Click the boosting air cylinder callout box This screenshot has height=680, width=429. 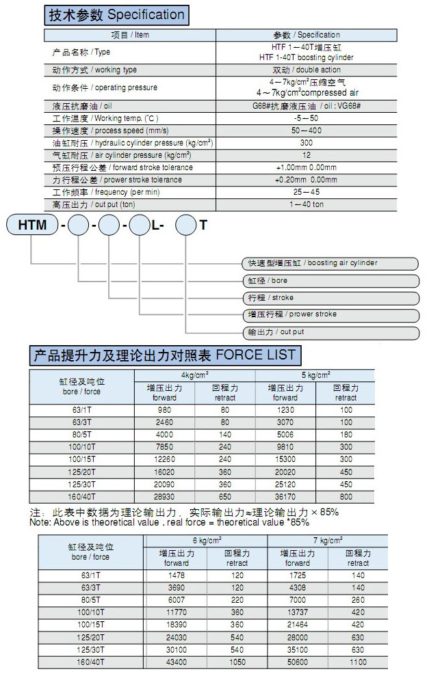(331, 263)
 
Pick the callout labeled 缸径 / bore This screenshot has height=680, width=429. (331, 281)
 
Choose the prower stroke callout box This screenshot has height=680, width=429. (331, 314)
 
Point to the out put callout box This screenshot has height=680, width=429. (331, 332)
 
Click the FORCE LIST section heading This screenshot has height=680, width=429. (164, 355)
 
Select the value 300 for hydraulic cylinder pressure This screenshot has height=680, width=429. (306, 143)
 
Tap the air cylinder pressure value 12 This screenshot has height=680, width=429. (306, 155)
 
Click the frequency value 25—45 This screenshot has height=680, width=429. (306, 192)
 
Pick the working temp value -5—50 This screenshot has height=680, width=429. (306, 118)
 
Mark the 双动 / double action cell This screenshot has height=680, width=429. (306, 70)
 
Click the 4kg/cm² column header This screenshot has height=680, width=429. (195, 375)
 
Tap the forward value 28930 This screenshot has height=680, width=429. (165, 498)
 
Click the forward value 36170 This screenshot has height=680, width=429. (285, 498)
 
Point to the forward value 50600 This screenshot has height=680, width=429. (298, 663)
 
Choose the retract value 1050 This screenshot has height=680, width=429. (237, 663)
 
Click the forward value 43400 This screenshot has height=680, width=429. (177, 663)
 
